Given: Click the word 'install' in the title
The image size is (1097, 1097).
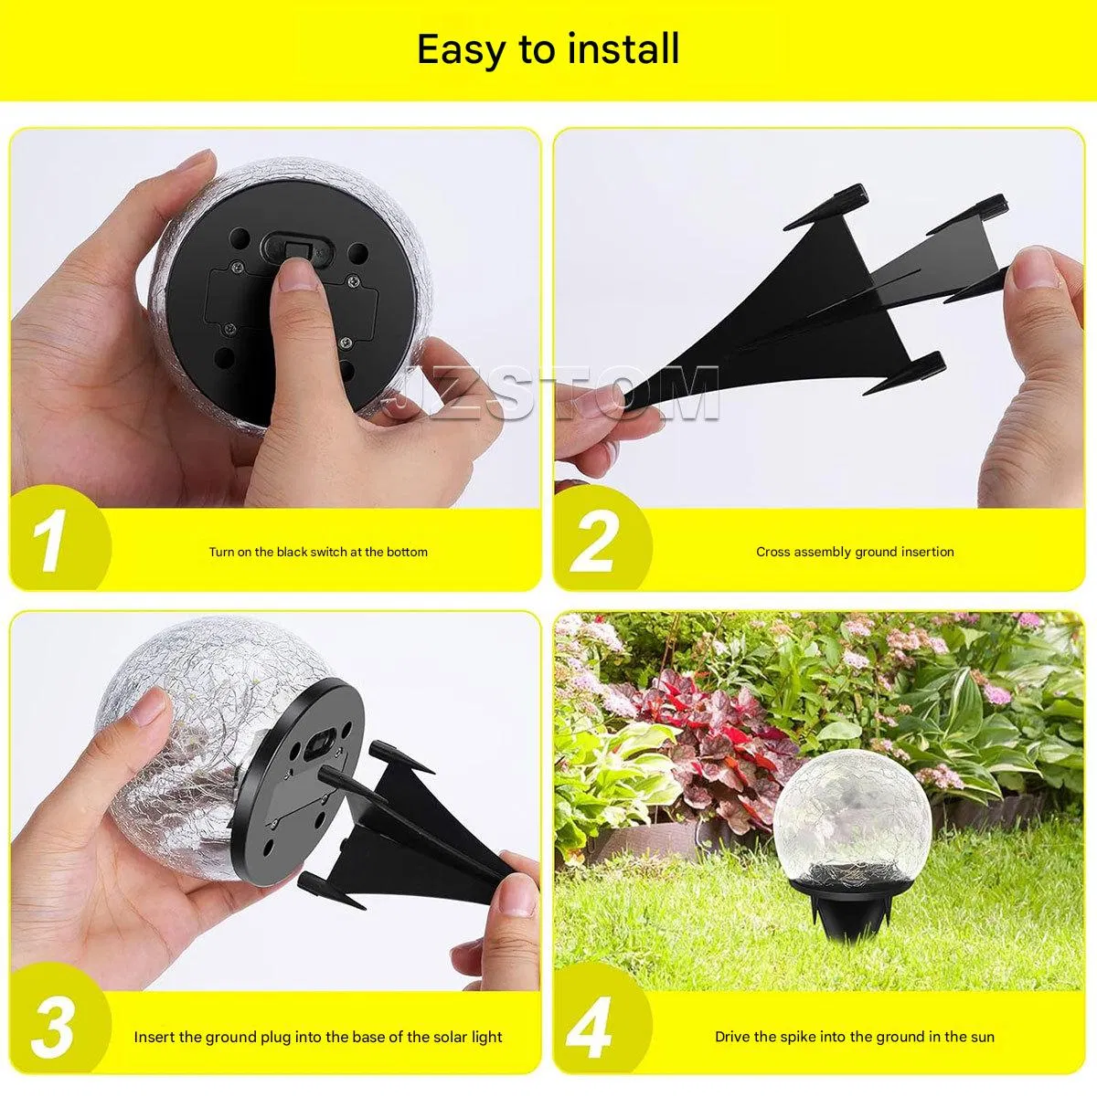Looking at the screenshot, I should pos(623,49).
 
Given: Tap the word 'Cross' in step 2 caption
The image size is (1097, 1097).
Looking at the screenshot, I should pos(773,552).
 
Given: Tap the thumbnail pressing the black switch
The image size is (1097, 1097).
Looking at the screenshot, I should pos(297,275).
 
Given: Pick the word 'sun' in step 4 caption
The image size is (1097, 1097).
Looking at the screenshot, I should pos(982,1037).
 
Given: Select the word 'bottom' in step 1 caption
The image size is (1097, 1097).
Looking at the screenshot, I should pos(407,552).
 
